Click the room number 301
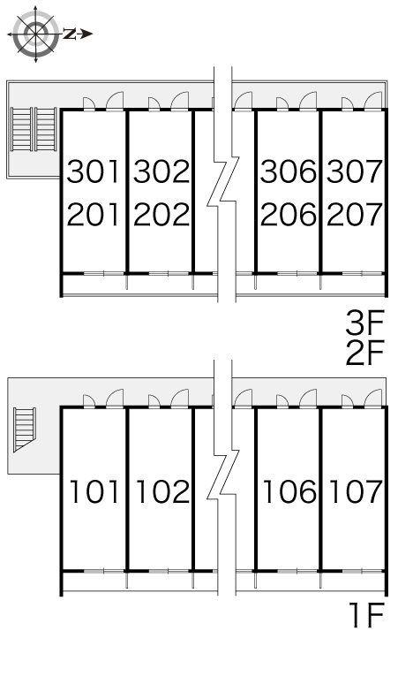94,171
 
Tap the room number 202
161,215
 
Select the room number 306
289,171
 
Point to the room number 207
355,215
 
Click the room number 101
94,491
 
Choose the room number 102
163,491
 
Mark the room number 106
290,491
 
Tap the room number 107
357,491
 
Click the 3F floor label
364,323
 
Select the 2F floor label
364,353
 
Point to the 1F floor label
366,616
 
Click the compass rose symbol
35,34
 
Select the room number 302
161,171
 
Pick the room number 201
94,215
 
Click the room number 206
289,215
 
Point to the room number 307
355,171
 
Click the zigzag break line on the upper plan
223,179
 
